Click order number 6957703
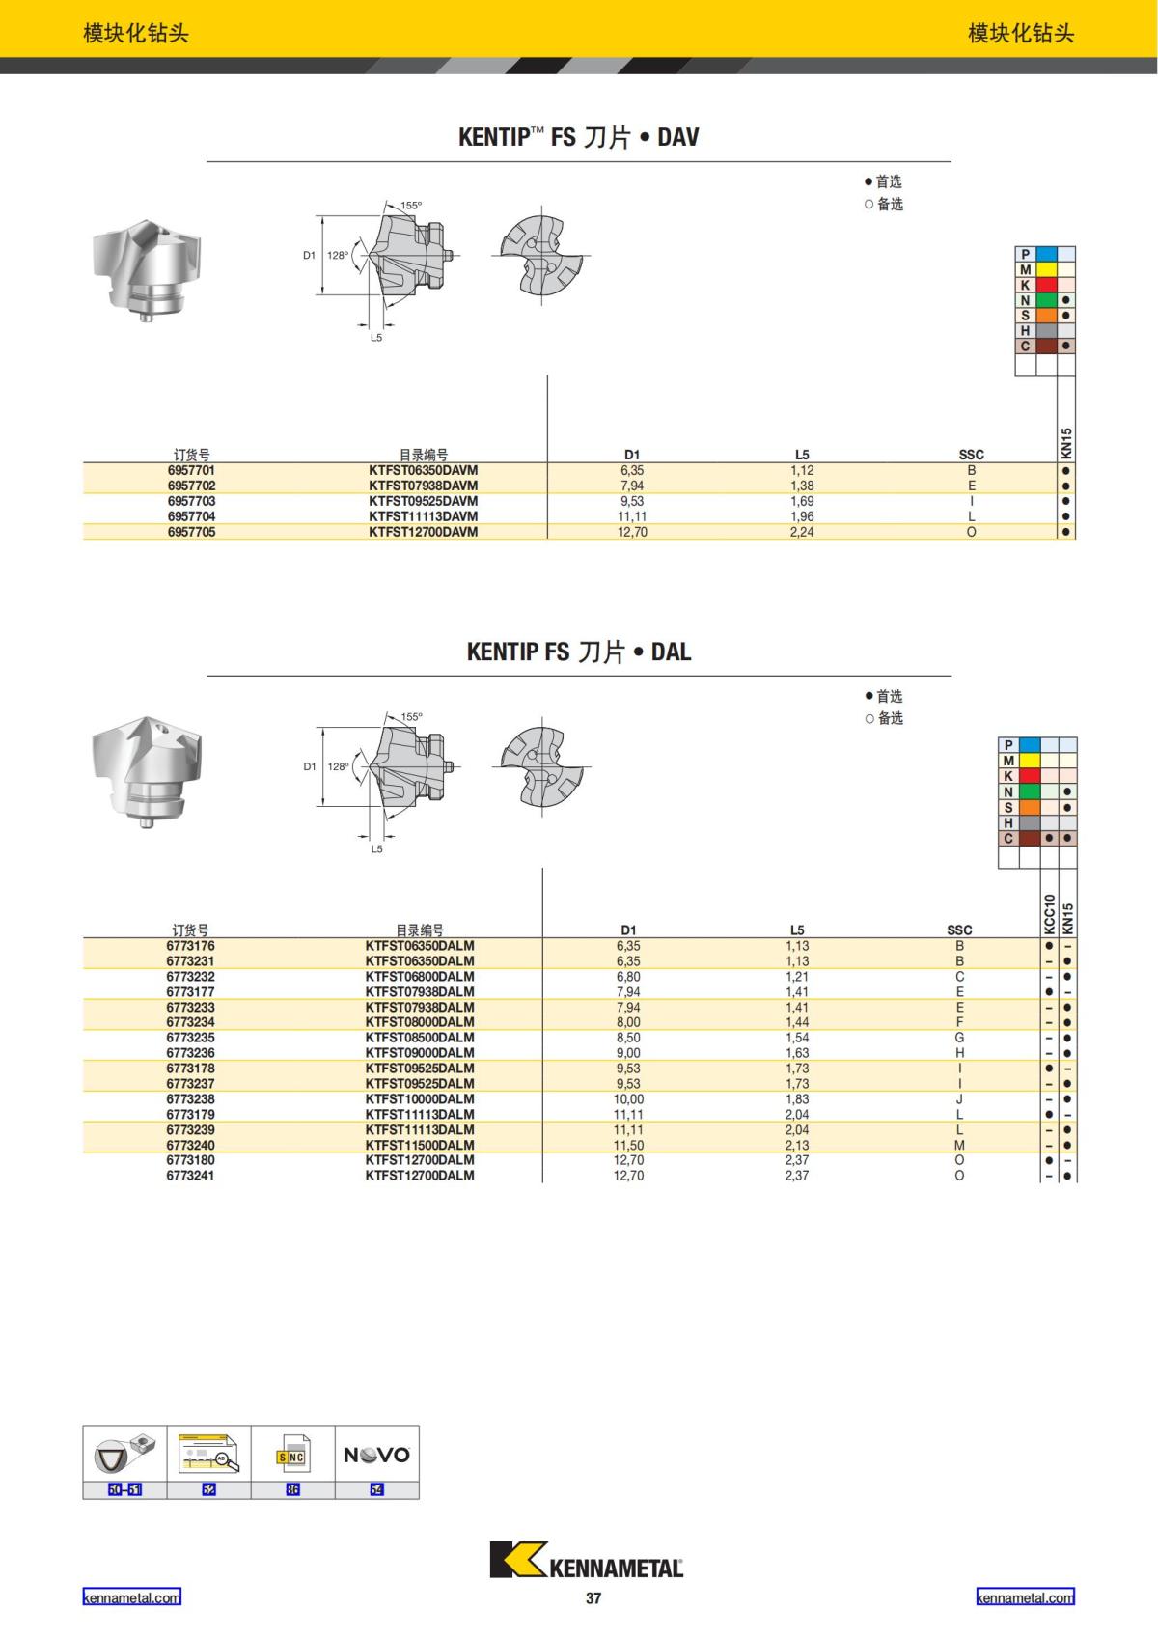(191, 501)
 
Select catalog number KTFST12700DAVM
(424, 532)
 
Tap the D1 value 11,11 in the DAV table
(632, 516)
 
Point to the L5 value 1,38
(802, 486)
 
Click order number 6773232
(190, 976)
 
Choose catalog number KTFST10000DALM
(420, 1099)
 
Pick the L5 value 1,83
(797, 1099)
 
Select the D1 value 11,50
(628, 1145)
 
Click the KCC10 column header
(1049, 913)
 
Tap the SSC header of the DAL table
(959, 930)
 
